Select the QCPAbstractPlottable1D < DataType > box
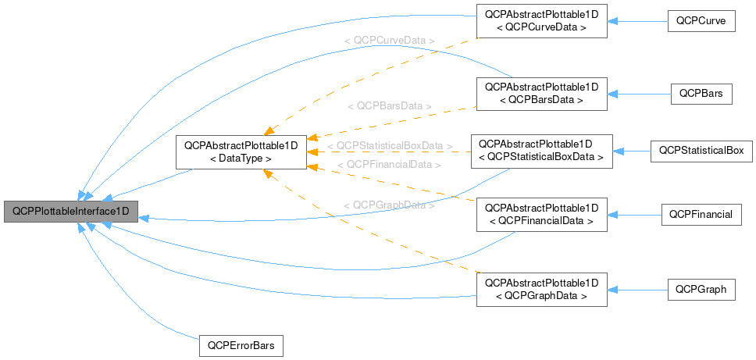point(241,152)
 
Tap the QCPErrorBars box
point(241,344)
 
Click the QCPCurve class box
point(702,21)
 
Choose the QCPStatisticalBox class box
point(701,150)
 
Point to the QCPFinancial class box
point(701,215)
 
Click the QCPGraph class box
point(701,290)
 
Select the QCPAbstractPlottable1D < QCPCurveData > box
point(541,21)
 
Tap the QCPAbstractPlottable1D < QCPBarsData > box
point(541,94)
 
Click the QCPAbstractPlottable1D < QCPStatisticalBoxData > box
point(541,151)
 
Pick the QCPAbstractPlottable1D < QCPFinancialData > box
point(541,215)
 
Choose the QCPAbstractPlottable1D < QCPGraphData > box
point(541,290)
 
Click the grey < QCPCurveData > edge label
point(389,39)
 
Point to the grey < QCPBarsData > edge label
point(389,105)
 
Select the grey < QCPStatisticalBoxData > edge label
point(390,146)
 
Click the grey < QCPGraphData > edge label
point(389,205)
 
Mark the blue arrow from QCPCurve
point(637,21)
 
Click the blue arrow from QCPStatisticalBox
point(632,151)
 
